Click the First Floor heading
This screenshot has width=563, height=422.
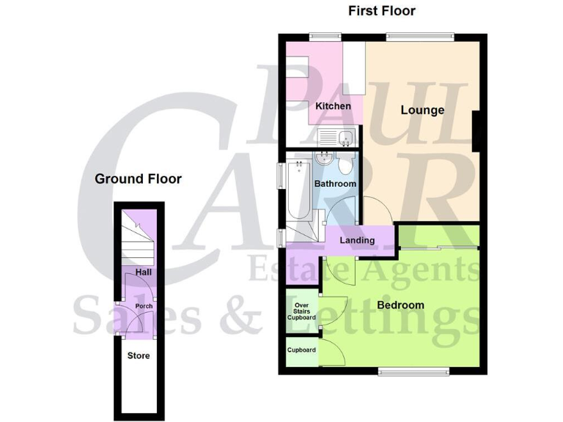point(381,11)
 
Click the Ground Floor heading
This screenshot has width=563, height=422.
point(138,179)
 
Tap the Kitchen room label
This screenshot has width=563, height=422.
point(333,106)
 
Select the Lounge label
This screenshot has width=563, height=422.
point(422,111)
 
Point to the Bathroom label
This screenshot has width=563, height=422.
point(335,184)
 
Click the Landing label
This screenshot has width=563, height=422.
point(357,240)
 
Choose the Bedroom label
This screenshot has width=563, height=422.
point(400,305)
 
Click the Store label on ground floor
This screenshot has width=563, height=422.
point(139,356)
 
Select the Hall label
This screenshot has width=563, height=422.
point(143,273)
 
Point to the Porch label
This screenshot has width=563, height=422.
point(144,306)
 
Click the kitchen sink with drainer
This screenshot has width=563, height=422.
point(337,137)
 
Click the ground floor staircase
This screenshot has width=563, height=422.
point(139,238)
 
